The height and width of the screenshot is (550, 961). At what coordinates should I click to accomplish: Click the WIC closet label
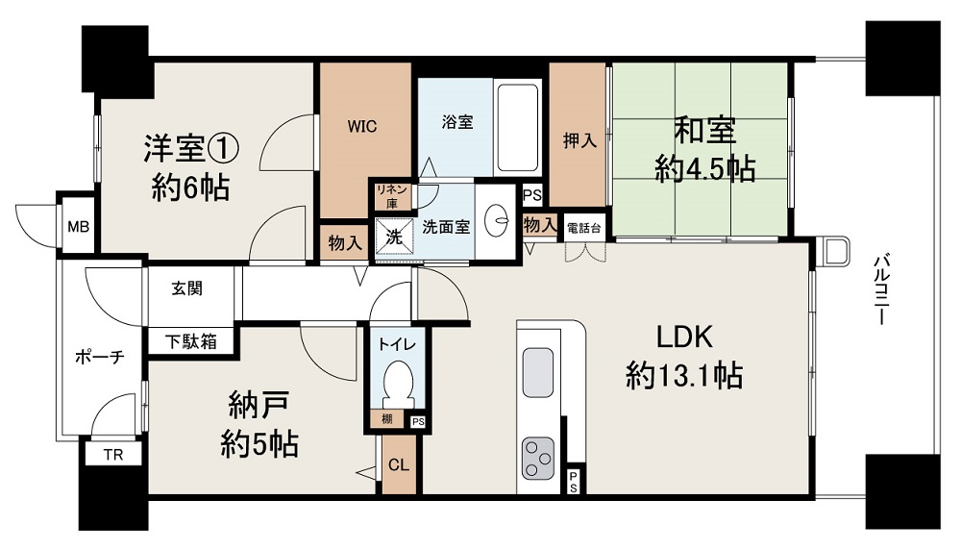tap(362, 127)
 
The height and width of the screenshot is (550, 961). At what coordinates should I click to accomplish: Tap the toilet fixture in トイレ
tap(398, 382)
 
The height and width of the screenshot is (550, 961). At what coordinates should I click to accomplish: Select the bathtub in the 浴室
tap(517, 127)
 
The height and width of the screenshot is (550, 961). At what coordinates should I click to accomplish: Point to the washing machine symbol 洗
tap(393, 237)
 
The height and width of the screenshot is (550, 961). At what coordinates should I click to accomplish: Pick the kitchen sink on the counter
tap(537, 372)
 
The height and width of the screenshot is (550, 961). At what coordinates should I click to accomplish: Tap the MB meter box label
tap(79, 227)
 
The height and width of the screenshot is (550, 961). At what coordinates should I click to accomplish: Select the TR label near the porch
tap(113, 455)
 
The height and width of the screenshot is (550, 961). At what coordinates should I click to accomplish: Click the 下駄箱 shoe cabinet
tap(191, 341)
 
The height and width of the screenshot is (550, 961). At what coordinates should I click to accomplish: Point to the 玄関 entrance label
tap(187, 288)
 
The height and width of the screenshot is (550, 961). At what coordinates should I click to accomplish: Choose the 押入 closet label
tap(579, 141)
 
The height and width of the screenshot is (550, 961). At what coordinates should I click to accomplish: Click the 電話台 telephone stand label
tap(583, 229)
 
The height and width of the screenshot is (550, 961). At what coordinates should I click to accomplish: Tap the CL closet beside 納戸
tap(399, 465)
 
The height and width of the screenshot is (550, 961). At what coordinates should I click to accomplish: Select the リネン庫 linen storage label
tap(392, 196)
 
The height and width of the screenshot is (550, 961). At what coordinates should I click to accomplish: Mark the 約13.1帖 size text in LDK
tap(684, 375)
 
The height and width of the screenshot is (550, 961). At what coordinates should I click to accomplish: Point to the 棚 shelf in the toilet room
tap(386, 420)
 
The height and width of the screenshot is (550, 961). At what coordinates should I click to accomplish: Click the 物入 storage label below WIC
tap(345, 243)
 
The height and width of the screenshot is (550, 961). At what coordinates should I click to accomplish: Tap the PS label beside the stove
tap(573, 482)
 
